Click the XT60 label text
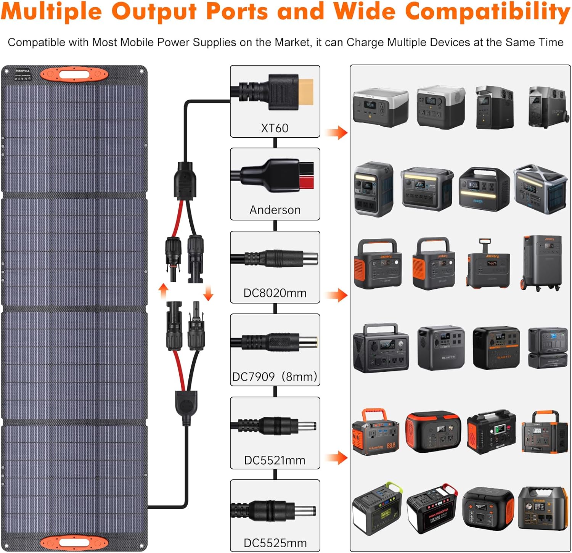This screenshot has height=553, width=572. (275, 128)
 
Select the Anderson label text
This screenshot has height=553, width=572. (275, 210)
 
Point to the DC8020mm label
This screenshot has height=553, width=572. (275, 293)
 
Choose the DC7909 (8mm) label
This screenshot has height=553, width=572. (275, 377)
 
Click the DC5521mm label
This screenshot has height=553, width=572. (275, 460)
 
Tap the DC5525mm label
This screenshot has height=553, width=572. (275, 543)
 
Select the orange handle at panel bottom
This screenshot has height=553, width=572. (74, 542)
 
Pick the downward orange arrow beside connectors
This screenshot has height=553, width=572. (208, 293)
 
